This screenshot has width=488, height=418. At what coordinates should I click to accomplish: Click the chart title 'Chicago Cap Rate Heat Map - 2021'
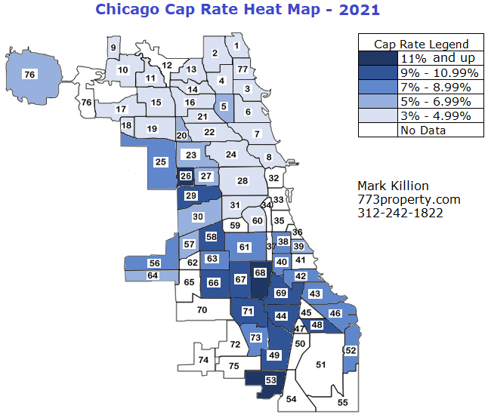(237, 10)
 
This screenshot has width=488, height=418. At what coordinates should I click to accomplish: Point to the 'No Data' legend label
(423, 130)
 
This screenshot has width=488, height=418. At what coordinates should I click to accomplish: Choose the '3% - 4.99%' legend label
(435, 115)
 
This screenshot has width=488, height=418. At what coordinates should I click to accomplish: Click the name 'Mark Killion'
(392, 186)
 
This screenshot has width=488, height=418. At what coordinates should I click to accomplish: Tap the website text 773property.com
(408, 199)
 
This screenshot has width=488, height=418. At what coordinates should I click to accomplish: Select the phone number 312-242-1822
(400, 213)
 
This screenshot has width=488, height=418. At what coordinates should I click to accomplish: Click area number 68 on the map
(260, 272)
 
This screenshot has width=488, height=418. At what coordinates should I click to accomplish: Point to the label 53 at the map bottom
(270, 381)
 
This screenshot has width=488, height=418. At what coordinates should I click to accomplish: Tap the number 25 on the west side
(160, 161)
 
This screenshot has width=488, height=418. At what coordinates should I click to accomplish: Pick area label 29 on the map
(191, 196)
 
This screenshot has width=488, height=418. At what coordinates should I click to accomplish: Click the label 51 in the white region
(320, 365)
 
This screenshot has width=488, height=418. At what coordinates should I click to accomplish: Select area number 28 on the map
(242, 181)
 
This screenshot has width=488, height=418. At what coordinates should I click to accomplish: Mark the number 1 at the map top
(236, 46)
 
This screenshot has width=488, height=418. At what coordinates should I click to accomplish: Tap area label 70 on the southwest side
(202, 309)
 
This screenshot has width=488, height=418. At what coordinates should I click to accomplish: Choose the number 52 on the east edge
(350, 350)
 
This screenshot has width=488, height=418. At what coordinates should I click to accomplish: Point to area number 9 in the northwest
(113, 48)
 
